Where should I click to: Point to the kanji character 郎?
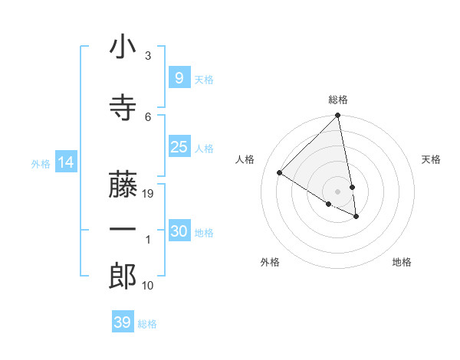click(x=123, y=276)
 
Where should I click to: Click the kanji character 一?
click(x=123, y=230)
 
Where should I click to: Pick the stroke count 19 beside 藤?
click(x=149, y=194)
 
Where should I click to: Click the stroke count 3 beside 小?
click(x=148, y=56)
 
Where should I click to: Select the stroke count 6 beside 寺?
click(x=148, y=116)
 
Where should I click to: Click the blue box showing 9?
click(x=179, y=77)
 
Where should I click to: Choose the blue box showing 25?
click(x=179, y=147)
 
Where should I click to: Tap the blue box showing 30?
click(x=179, y=231)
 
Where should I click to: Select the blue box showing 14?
click(x=65, y=162)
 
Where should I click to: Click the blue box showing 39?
click(x=122, y=322)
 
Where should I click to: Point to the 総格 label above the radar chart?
click(x=338, y=100)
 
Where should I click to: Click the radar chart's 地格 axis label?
click(x=402, y=262)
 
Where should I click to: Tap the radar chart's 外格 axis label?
click(x=270, y=262)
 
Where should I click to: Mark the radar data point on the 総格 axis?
click(x=337, y=116)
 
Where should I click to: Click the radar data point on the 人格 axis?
click(x=279, y=173)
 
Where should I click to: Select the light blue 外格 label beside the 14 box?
click(x=41, y=163)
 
